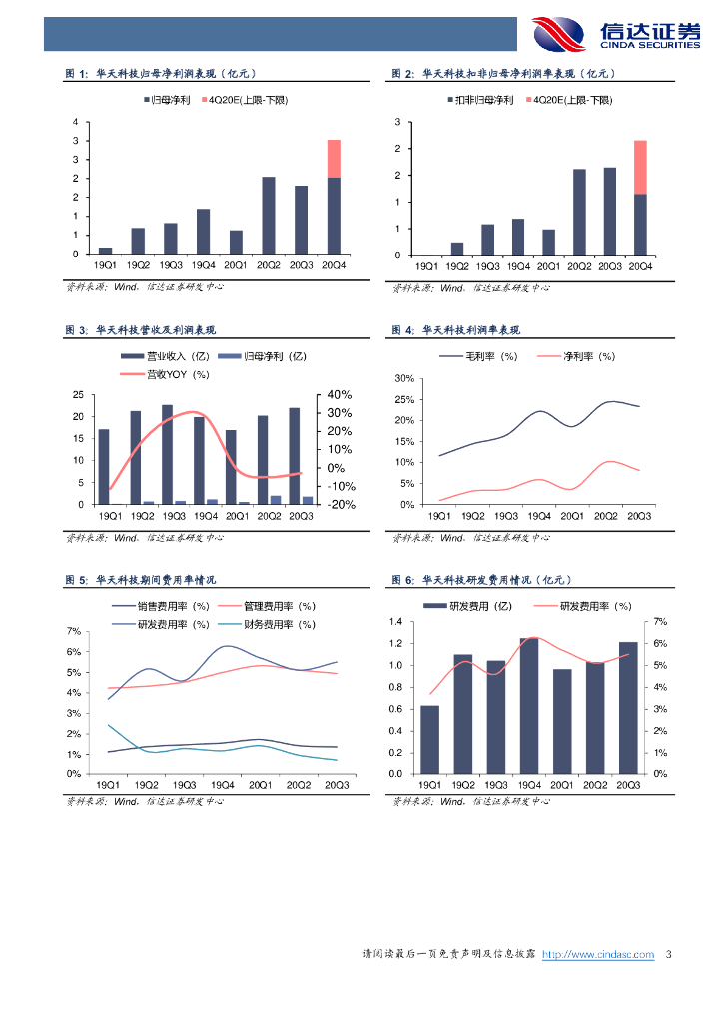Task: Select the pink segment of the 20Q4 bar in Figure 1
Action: click(x=334, y=159)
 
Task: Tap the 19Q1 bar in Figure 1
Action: click(x=105, y=250)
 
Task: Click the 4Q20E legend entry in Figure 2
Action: click(x=570, y=101)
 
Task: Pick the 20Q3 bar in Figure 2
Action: click(x=609, y=211)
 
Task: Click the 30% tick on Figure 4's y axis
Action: click(x=404, y=379)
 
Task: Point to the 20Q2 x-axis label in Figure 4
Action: click(x=605, y=516)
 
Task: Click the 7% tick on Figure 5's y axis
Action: click(x=73, y=631)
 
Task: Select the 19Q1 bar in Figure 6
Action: click(x=429, y=740)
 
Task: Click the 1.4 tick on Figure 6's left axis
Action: click(x=395, y=622)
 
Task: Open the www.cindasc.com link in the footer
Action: click(x=597, y=955)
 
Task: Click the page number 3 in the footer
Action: click(x=669, y=955)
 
